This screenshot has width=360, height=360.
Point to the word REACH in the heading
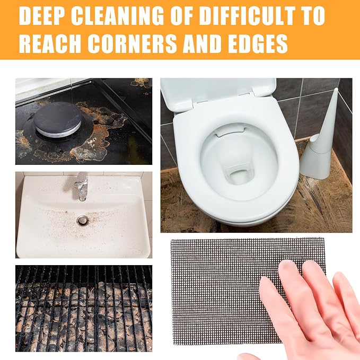point(50,44)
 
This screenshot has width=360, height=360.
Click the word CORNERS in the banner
point(132,44)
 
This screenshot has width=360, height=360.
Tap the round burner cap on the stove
point(57,119)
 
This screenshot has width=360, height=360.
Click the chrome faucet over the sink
point(81,187)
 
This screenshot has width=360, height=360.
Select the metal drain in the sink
point(82,220)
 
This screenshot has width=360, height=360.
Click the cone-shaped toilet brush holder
point(320,142)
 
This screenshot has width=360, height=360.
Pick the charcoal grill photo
point(84,309)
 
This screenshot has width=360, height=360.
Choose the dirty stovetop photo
point(84,121)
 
